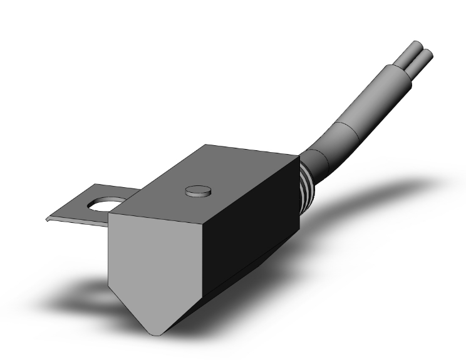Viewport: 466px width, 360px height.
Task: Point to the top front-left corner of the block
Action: (x=110, y=213)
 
